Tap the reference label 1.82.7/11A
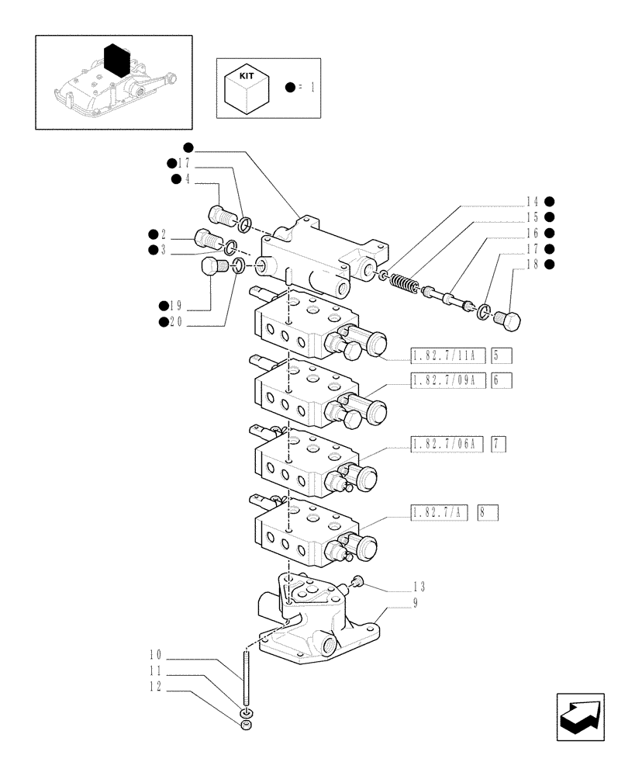pyautogui.click(x=447, y=356)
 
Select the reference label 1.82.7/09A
pyautogui.click(x=447, y=380)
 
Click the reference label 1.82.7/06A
pyautogui.click(x=447, y=444)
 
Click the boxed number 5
pyautogui.click(x=501, y=356)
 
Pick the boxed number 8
pyautogui.click(x=488, y=512)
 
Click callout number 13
pyautogui.click(x=419, y=587)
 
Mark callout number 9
pyautogui.click(x=416, y=602)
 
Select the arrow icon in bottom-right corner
pyautogui.click(x=581, y=719)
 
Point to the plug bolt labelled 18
pyautogui.click(x=510, y=318)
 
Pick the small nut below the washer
pyautogui.click(x=246, y=725)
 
